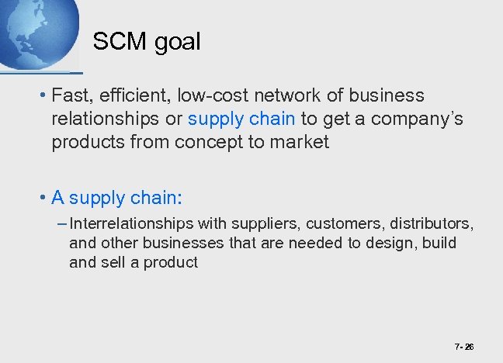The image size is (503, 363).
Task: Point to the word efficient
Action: (130, 95)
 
